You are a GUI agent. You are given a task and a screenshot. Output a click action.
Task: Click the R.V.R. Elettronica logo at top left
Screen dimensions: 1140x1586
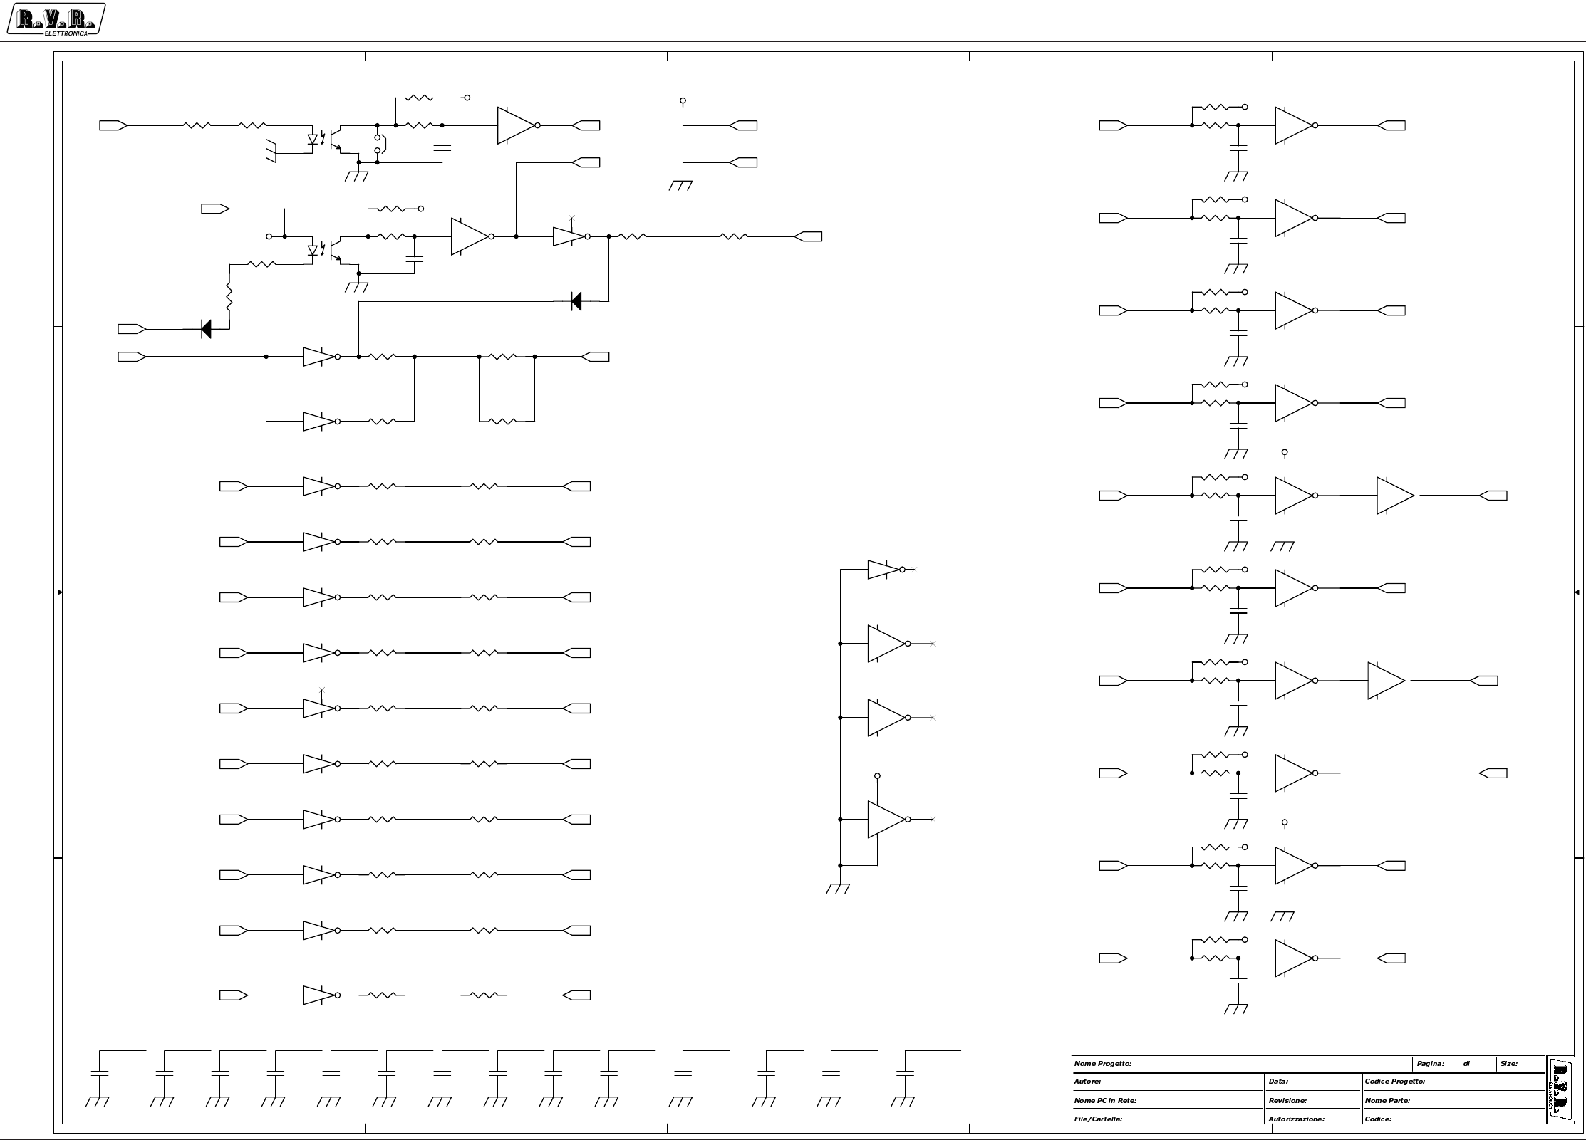[x=56, y=20]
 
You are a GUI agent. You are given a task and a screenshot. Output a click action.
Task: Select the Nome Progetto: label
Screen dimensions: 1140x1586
[x=1102, y=1064]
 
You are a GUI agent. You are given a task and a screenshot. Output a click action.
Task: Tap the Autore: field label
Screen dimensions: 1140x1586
[x=1087, y=1082]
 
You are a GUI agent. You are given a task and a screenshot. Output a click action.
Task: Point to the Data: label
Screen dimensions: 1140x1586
[x=1278, y=1082]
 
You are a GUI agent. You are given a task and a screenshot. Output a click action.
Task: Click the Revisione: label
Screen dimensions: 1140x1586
[x=1287, y=1101]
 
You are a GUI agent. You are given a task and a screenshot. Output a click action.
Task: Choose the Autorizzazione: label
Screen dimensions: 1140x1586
[x=1296, y=1119]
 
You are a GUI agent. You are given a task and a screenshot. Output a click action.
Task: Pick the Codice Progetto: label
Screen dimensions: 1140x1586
[x=1394, y=1082]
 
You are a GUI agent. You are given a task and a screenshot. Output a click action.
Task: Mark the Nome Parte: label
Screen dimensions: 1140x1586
[x=1387, y=1101]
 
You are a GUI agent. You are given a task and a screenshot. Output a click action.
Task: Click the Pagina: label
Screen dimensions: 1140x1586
[x=1430, y=1064]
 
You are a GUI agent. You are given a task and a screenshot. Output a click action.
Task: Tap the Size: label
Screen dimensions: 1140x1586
[x=1508, y=1064]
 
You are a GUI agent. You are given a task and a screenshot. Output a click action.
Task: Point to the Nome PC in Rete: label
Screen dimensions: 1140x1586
[x=1105, y=1101]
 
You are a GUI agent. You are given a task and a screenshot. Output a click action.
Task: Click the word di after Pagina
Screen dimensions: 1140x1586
[x=1466, y=1064]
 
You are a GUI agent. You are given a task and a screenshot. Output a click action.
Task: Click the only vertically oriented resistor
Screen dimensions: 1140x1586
[x=229, y=296]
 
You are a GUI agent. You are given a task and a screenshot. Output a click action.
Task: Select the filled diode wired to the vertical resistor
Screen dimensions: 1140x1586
[x=206, y=329]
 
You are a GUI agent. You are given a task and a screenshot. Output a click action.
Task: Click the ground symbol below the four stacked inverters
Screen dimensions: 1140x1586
[x=839, y=888]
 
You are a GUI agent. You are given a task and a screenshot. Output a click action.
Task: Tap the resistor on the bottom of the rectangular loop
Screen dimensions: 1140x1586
[x=503, y=422]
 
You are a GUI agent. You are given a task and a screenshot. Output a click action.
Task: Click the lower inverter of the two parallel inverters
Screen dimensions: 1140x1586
[x=318, y=422]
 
